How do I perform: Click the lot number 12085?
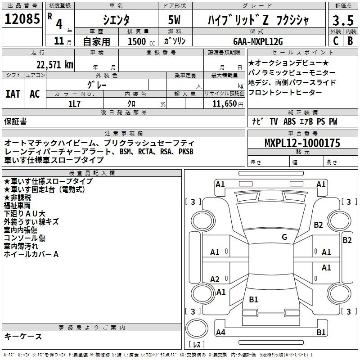(x=22, y=19)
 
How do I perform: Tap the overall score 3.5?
(x=343, y=20)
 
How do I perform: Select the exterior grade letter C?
(x=336, y=40)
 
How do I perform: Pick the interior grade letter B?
(x=350, y=40)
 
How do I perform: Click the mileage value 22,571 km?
(x=54, y=65)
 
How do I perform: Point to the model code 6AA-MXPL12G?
(x=258, y=41)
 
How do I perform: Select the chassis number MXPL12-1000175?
(x=302, y=143)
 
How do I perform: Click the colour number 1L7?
(x=74, y=104)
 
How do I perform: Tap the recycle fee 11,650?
(x=224, y=104)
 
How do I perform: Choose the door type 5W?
(x=174, y=20)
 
